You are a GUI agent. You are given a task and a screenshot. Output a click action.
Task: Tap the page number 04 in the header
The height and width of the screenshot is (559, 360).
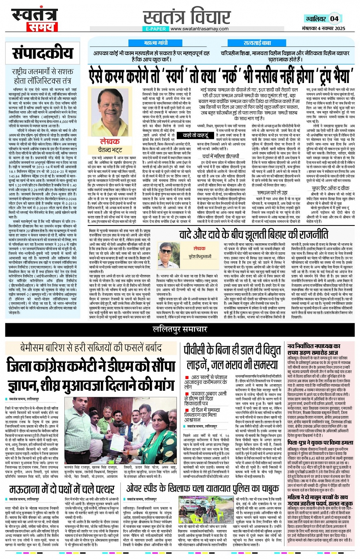(x=334, y=18)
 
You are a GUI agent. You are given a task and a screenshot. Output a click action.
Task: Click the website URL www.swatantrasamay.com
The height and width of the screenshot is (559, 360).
(x=199, y=29)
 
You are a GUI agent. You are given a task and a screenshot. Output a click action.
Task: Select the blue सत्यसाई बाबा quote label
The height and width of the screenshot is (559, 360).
(x=257, y=43)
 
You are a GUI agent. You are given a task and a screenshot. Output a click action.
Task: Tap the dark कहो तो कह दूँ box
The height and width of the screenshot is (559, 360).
(x=195, y=135)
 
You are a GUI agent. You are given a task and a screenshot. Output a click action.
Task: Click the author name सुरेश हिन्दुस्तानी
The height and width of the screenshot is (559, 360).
(x=200, y=257)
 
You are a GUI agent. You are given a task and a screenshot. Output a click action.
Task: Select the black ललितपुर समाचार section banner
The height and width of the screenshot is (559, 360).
(x=180, y=329)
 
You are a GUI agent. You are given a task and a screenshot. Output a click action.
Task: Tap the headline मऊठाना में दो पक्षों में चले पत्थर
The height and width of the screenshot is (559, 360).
(x=62, y=489)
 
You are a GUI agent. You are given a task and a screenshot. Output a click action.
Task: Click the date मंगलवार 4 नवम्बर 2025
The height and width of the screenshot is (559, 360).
(x=323, y=29)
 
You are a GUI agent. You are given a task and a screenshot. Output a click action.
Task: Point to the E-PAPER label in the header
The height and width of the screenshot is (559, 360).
(x=155, y=29)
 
